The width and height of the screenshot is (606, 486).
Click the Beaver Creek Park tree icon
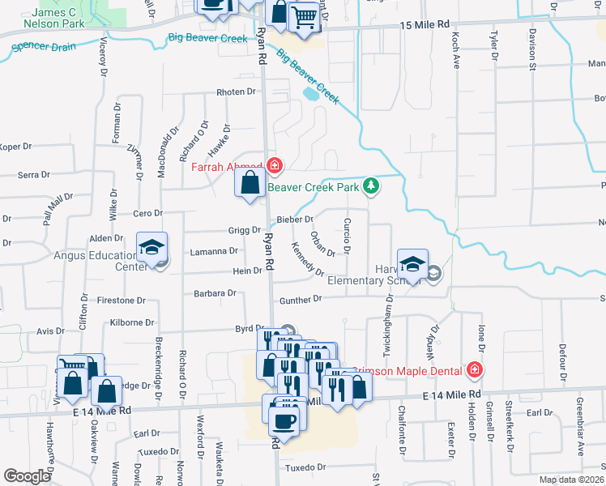pyautogui.click(x=371, y=186)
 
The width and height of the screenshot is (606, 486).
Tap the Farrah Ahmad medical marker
pyautogui.click(x=275, y=165)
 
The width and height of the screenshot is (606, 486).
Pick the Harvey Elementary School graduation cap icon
pyautogui.click(x=412, y=265)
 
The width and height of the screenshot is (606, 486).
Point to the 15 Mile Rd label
pyautogui.click(x=424, y=26)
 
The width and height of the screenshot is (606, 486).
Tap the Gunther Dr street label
pyautogui.click(x=301, y=300)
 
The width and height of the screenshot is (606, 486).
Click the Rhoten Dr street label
pyautogui.click(x=236, y=92)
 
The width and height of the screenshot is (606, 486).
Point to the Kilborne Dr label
pyautogui.click(x=131, y=322)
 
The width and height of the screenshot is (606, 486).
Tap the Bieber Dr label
pyautogui.click(x=295, y=220)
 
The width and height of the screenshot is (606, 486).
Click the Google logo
pyautogui.click(x=27, y=476)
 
